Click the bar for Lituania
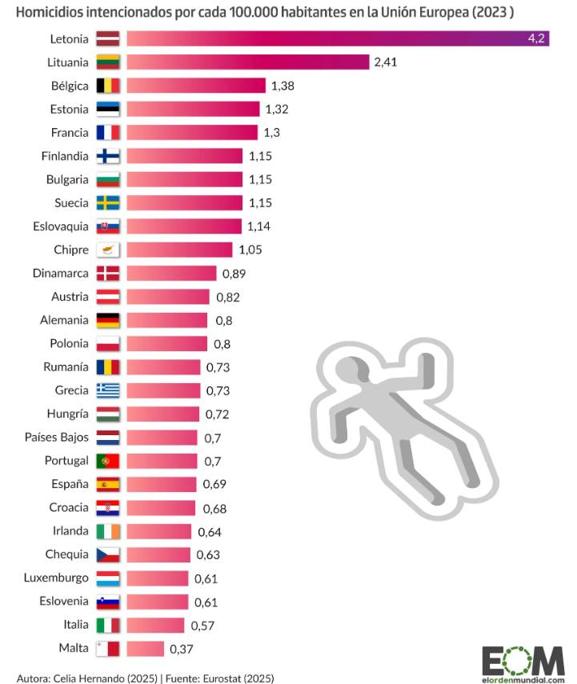click(x=248, y=62)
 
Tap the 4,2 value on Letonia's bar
click(x=536, y=38)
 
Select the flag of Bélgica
click(x=108, y=86)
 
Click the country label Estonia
click(x=69, y=109)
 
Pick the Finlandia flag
click(x=108, y=156)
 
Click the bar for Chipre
click(x=180, y=250)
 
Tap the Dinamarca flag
click(x=108, y=273)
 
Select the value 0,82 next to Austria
click(x=228, y=297)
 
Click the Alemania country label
click(x=64, y=320)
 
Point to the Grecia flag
click(x=108, y=390)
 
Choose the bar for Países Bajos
click(x=162, y=438)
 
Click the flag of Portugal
click(x=108, y=461)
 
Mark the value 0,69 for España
click(x=213, y=484)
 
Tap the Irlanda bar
click(x=160, y=531)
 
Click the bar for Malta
click(x=146, y=648)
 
